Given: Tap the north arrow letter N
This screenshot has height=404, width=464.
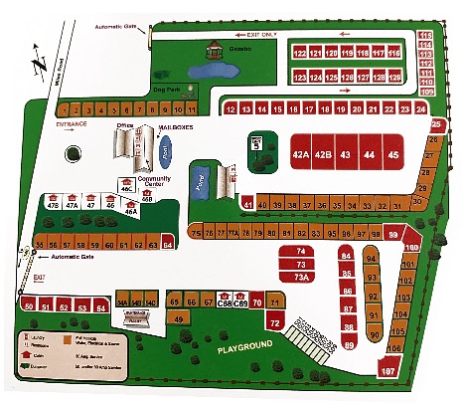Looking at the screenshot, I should click(37, 66).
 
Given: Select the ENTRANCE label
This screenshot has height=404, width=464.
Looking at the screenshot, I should click(73, 124).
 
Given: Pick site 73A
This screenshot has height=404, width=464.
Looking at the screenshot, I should click(302, 278).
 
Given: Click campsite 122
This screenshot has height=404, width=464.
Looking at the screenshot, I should click(299, 52).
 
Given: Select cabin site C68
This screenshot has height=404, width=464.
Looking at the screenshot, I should click(225, 303).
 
